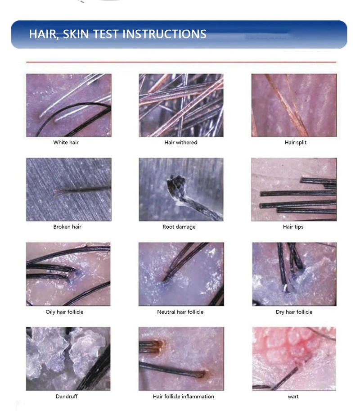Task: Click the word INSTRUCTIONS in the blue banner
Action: [x=164, y=34]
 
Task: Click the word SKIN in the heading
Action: [x=76, y=34]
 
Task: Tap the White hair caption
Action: [x=66, y=142]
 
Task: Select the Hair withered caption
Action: [x=181, y=142]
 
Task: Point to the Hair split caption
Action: [x=296, y=142]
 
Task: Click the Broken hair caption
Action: [x=67, y=227]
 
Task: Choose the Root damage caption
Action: [x=179, y=227]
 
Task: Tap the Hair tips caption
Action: [x=293, y=227]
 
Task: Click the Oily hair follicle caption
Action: [x=64, y=312]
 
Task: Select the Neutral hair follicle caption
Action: [x=180, y=312]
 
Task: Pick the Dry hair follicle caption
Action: [x=294, y=312]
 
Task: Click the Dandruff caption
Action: [x=67, y=396]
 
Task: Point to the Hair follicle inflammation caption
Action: [x=184, y=396]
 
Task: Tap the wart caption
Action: [x=293, y=397]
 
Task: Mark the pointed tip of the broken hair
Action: [x=55, y=193]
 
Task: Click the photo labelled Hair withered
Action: [x=181, y=105]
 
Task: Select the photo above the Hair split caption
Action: [x=294, y=105]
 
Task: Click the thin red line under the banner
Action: [x=181, y=62]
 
